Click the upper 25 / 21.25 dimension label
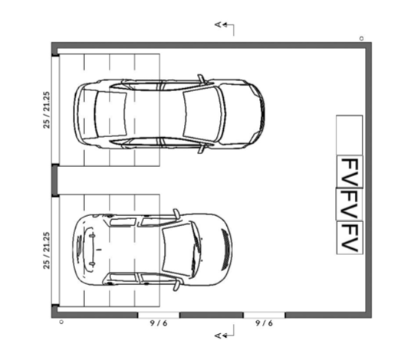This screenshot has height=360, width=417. click(x=47, y=110)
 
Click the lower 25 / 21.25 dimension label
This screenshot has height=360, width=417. click(x=47, y=250)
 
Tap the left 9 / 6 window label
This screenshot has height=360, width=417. click(x=159, y=323)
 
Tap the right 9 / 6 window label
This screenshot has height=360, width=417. click(x=264, y=323)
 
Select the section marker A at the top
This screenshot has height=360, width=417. click(x=218, y=25)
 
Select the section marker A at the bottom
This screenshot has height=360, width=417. click(x=218, y=335)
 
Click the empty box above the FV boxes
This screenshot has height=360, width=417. click(x=350, y=135)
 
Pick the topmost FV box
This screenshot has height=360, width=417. click(x=350, y=172)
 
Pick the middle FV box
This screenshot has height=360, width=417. click(x=350, y=205)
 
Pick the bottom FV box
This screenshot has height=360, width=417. click(x=350, y=237)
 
